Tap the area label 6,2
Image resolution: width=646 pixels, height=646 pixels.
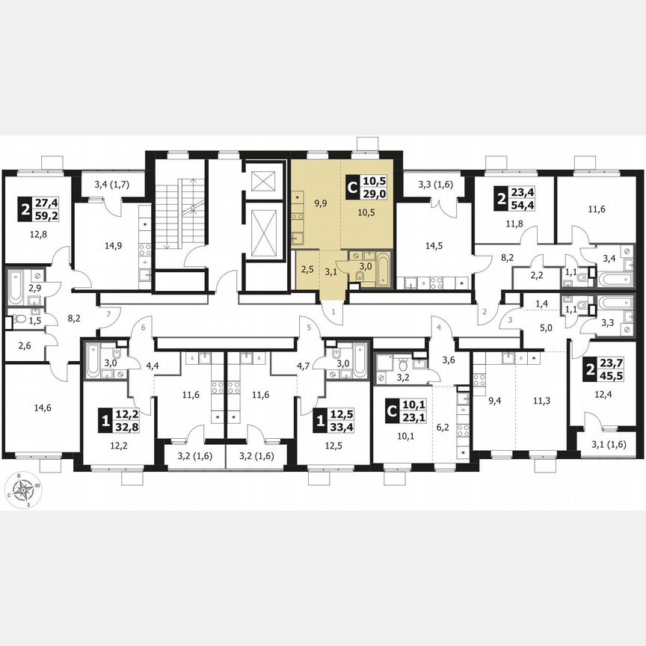[x=443, y=427]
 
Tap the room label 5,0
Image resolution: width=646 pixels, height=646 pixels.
[x=547, y=327]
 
